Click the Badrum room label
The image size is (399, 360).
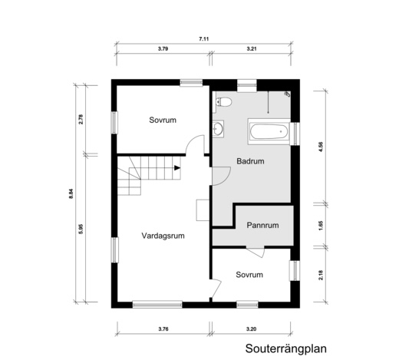tap(251, 162)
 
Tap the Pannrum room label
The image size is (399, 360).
tap(262, 226)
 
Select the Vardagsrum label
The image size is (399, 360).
tap(161, 236)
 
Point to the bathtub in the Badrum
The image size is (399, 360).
tap(270, 132)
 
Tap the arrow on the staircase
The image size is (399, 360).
tap(177, 168)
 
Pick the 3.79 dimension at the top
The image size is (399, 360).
tap(163, 49)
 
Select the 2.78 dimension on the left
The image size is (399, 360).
tap(81, 119)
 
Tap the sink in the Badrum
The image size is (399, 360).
tap(220, 129)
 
